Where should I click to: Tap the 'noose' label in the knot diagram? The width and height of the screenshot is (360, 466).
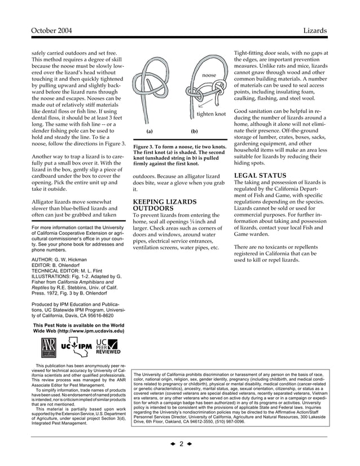pos(209,74)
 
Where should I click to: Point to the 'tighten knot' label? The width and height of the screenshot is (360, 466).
pos(210,115)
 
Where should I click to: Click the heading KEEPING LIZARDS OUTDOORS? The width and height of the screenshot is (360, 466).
pos(164,205)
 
